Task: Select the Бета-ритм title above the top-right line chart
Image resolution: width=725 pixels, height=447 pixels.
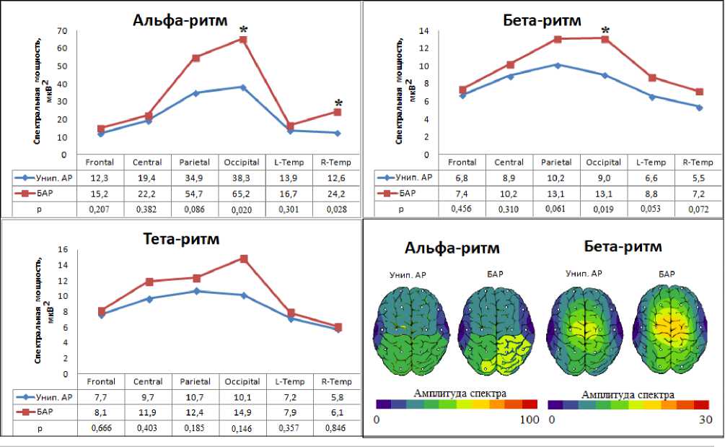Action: click(x=542, y=19)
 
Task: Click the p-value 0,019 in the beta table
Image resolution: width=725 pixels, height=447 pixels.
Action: click(x=605, y=209)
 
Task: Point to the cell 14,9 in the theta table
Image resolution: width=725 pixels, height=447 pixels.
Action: click(x=243, y=413)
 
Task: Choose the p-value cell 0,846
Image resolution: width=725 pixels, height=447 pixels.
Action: click(x=336, y=429)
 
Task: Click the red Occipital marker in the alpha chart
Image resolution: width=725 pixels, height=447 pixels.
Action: click(x=243, y=40)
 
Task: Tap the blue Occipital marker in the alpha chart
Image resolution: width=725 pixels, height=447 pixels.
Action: click(x=243, y=87)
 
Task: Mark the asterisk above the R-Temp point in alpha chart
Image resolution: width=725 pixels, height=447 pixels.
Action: click(x=338, y=104)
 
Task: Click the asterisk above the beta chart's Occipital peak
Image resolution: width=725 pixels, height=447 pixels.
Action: click(x=605, y=31)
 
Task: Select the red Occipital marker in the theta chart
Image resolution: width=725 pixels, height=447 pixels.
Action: click(x=244, y=259)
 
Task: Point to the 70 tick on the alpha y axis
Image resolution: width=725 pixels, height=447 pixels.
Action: click(x=63, y=32)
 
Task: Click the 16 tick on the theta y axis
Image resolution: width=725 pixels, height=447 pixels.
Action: click(x=63, y=250)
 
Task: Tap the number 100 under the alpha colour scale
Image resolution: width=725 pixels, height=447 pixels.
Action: click(x=529, y=420)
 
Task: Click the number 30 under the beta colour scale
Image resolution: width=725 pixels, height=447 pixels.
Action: click(x=706, y=420)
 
